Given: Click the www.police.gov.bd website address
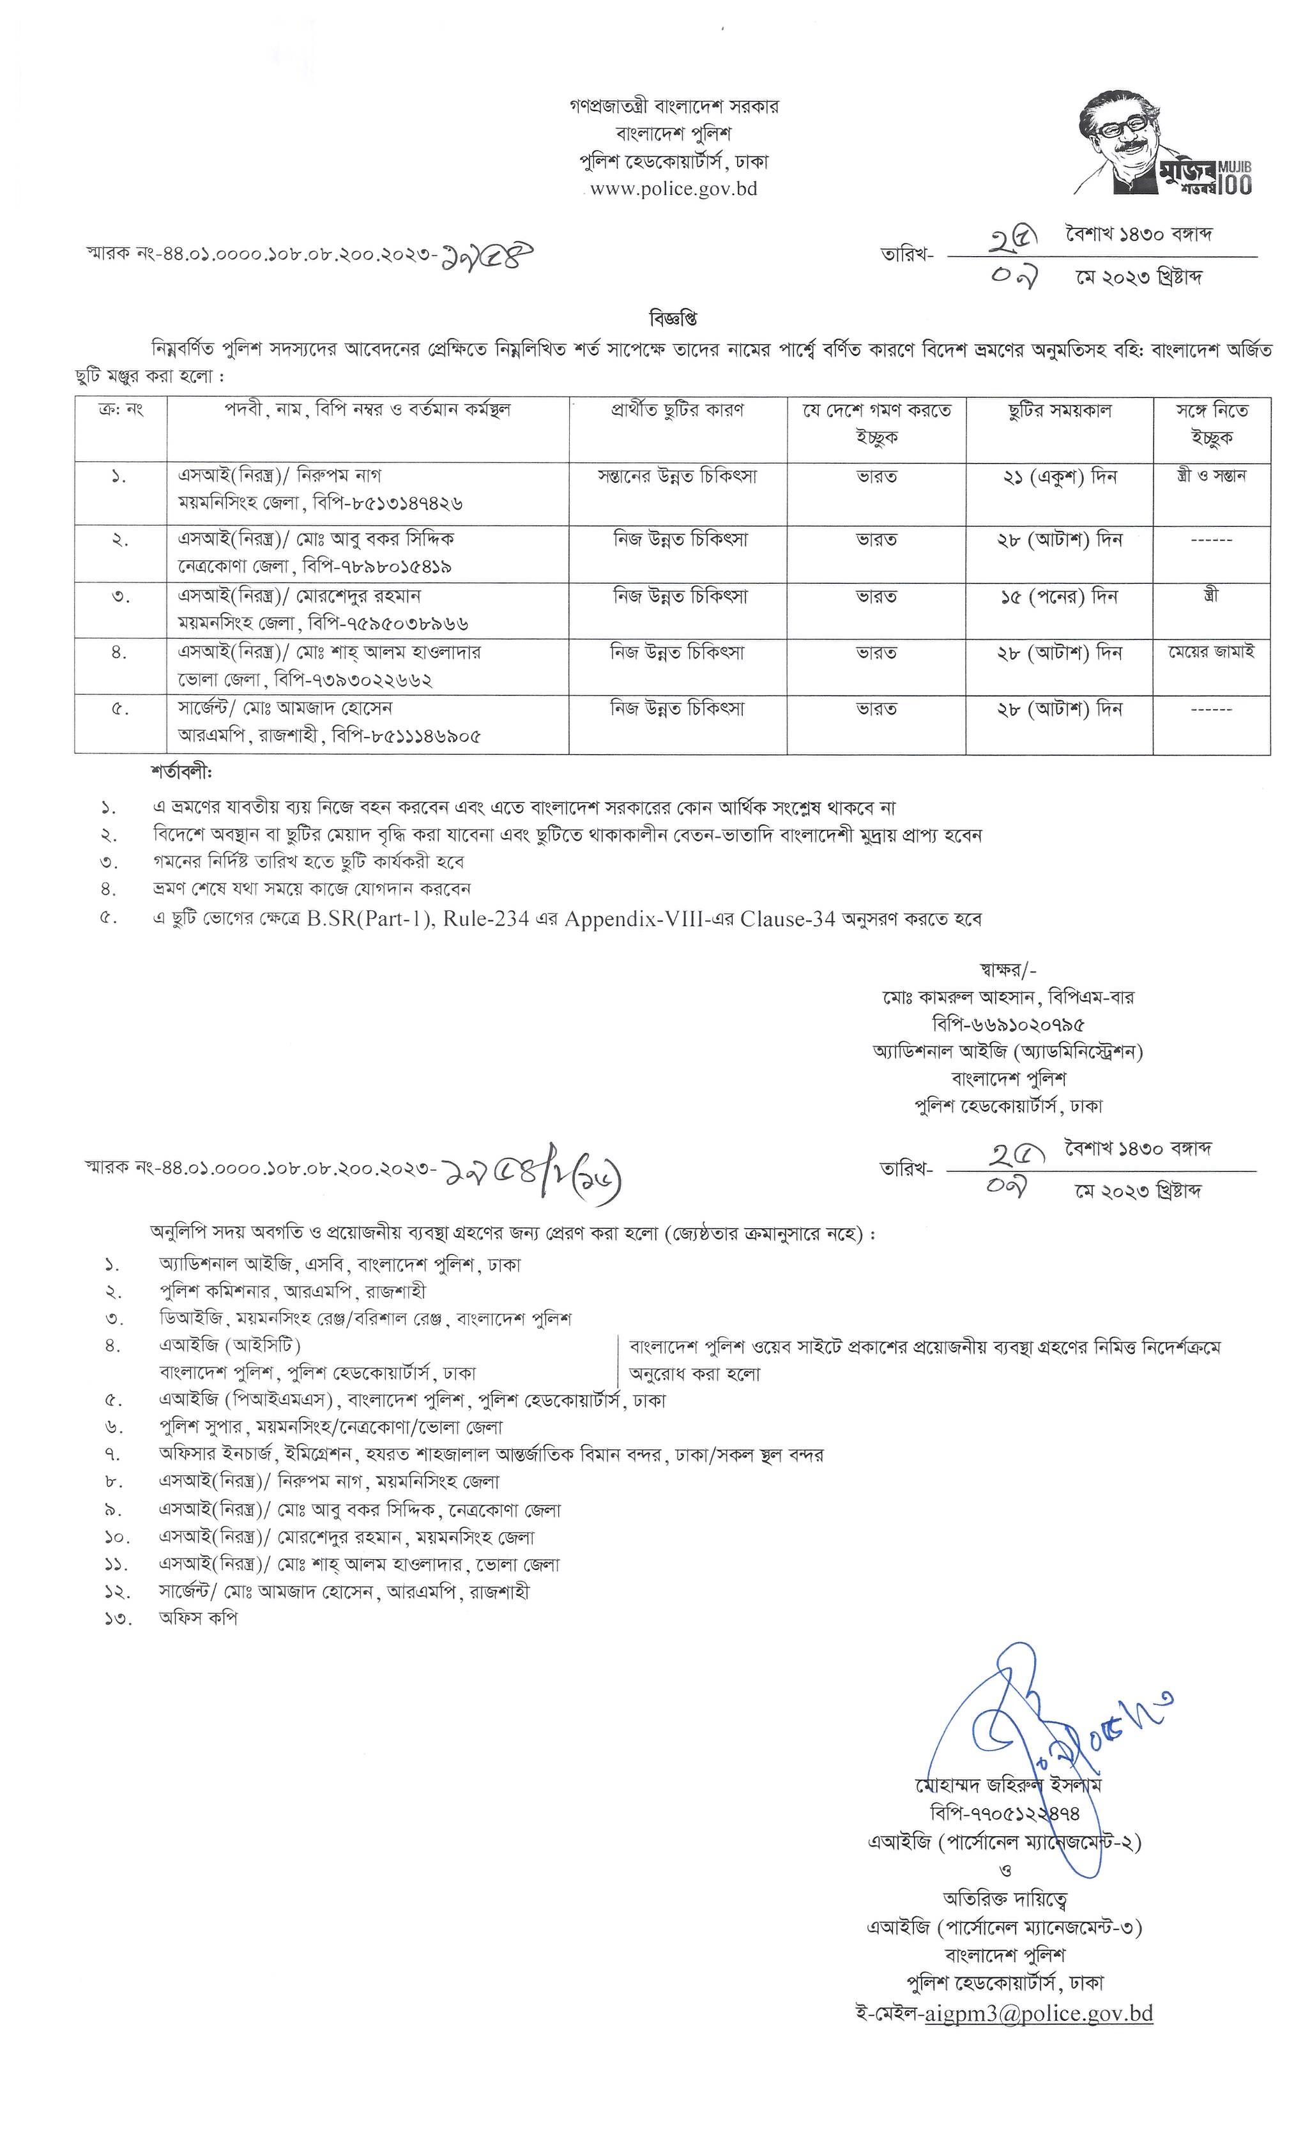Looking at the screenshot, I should click(x=673, y=188).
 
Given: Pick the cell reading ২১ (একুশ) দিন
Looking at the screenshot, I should click(x=1058, y=477).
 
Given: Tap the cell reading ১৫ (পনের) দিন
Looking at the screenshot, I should click(x=1058, y=597).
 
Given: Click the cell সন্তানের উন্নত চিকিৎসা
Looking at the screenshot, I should click(x=677, y=477).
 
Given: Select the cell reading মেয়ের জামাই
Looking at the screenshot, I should click(x=1210, y=652).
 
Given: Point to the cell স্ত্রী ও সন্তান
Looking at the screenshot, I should click(x=1210, y=476).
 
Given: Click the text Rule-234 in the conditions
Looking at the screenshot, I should click(x=486, y=919).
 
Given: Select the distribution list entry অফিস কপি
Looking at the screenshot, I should click(x=198, y=1618).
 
